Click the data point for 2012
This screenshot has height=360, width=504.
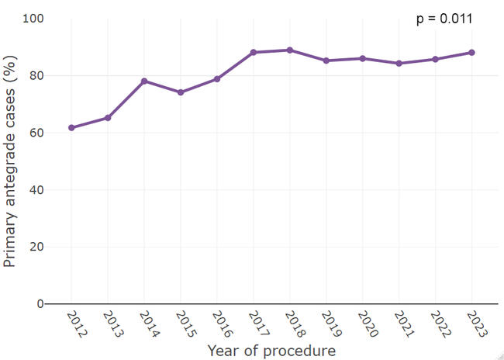coord(71,127)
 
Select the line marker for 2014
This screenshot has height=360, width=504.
coord(144,81)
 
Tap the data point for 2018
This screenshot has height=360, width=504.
coord(289,50)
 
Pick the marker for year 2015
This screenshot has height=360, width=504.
coord(181,92)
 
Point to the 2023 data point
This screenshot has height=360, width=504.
coord(471,53)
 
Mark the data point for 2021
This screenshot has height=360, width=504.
coord(399,64)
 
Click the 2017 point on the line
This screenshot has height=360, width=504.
coord(253,53)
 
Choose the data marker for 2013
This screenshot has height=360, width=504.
coord(108,118)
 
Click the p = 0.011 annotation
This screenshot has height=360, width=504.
coord(444,19)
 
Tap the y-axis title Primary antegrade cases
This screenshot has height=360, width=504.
coord(10,161)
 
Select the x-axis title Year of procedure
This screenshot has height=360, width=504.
coord(271,351)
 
